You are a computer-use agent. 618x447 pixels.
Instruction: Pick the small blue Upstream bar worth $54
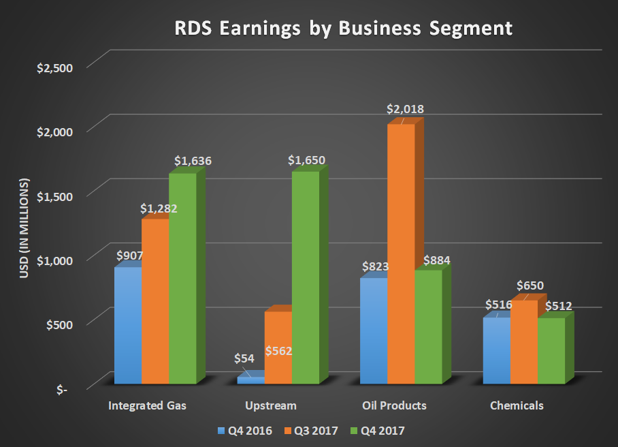[x=250, y=380]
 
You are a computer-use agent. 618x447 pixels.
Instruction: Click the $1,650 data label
[x=306, y=161]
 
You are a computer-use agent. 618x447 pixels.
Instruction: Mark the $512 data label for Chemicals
[x=557, y=306]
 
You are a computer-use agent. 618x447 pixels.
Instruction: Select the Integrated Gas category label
[x=147, y=405]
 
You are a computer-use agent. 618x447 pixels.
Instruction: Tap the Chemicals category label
[x=517, y=405]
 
